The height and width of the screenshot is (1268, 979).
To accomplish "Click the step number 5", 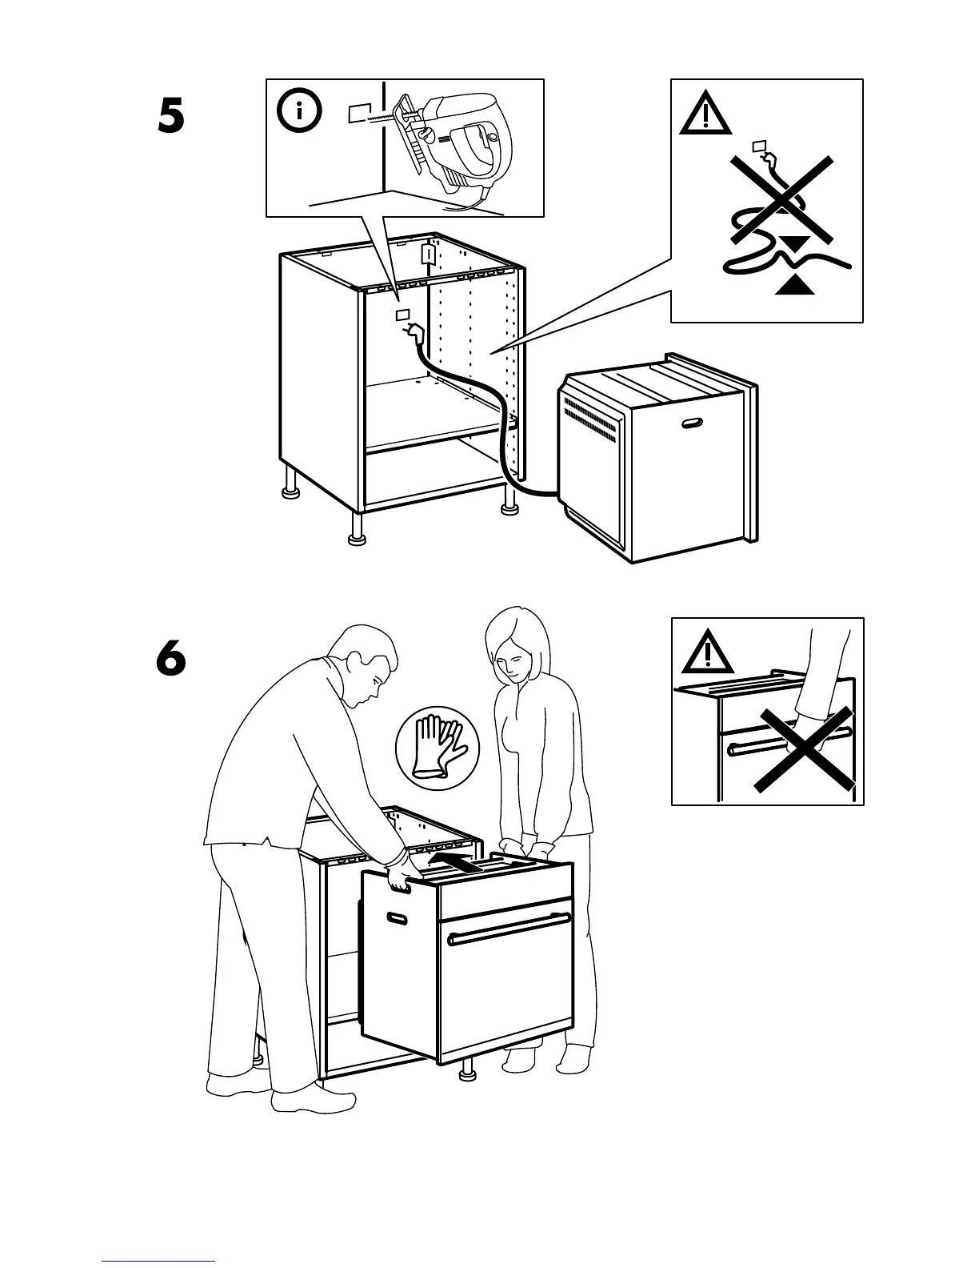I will (170, 118).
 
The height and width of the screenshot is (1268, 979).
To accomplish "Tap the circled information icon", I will (300, 112).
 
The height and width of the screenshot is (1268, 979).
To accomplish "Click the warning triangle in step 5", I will (705, 114).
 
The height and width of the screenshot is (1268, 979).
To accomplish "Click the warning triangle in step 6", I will (707, 652).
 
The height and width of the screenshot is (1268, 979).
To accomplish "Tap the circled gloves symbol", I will (437, 746).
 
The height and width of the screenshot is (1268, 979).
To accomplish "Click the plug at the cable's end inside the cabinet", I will (415, 331).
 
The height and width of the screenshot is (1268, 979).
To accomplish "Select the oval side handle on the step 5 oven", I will (690, 423).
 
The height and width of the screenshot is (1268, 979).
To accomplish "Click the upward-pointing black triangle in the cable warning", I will (795, 284).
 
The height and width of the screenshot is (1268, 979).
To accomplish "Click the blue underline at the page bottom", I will (158, 1260).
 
